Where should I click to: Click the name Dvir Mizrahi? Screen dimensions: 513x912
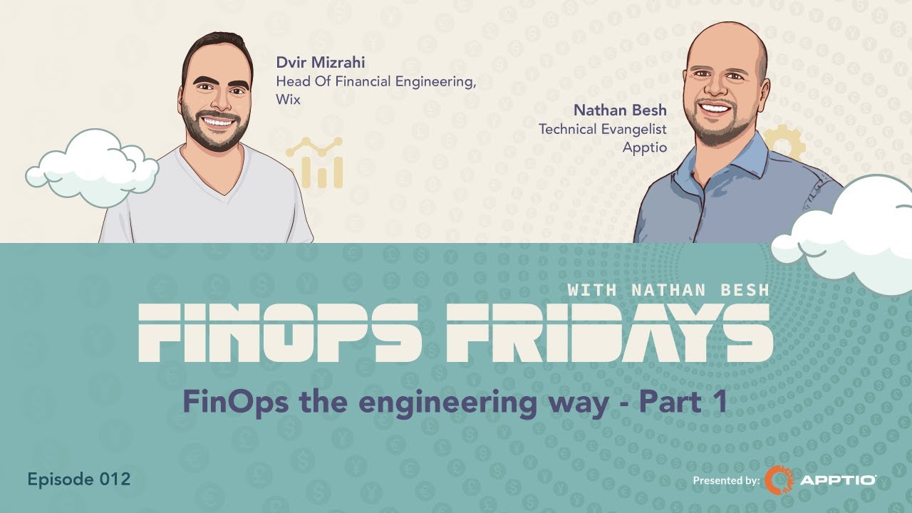321,63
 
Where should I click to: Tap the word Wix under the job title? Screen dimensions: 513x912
288,100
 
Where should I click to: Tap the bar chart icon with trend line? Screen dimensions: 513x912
315,162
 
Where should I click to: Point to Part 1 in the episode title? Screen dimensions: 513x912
683,403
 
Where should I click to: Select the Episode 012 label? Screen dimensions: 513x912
79,479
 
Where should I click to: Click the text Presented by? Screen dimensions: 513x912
726,481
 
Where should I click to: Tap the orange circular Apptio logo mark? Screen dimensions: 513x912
778,480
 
